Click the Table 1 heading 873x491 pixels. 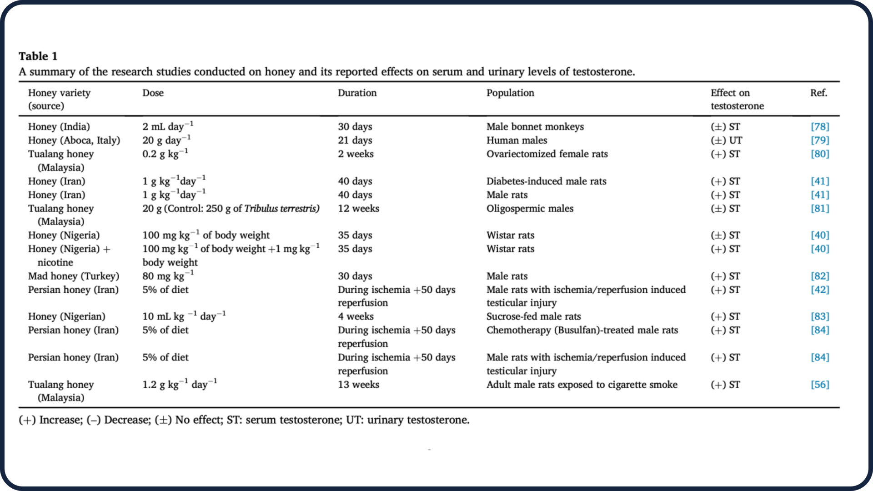[x=38, y=56]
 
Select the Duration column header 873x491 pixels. [x=357, y=93]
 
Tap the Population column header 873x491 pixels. [x=510, y=93]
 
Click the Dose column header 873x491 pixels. [x=153, y=93]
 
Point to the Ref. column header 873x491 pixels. [x=818, y=93]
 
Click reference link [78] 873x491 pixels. [x=820, y=126]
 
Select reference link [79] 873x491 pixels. [x=820, y=140]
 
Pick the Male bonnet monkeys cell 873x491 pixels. [x=535, y=126]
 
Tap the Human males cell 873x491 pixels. [x=517, y=140]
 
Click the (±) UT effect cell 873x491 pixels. [x=726, y=140]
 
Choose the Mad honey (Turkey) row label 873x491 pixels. [x=73, y=276]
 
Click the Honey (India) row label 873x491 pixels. [x=59, y=126]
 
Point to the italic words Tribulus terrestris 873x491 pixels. [x=281, y=208]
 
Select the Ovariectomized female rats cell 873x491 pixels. [x=547, y=154]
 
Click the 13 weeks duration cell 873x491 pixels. [x=358, y=385]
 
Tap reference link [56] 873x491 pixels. [x=820, y=385]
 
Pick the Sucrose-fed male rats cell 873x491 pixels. [x=533, y=316]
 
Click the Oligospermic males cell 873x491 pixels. [x=530, y=208]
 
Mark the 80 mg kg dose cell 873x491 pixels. [x=168, y=276]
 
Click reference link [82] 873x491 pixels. [x=820, y=276]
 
